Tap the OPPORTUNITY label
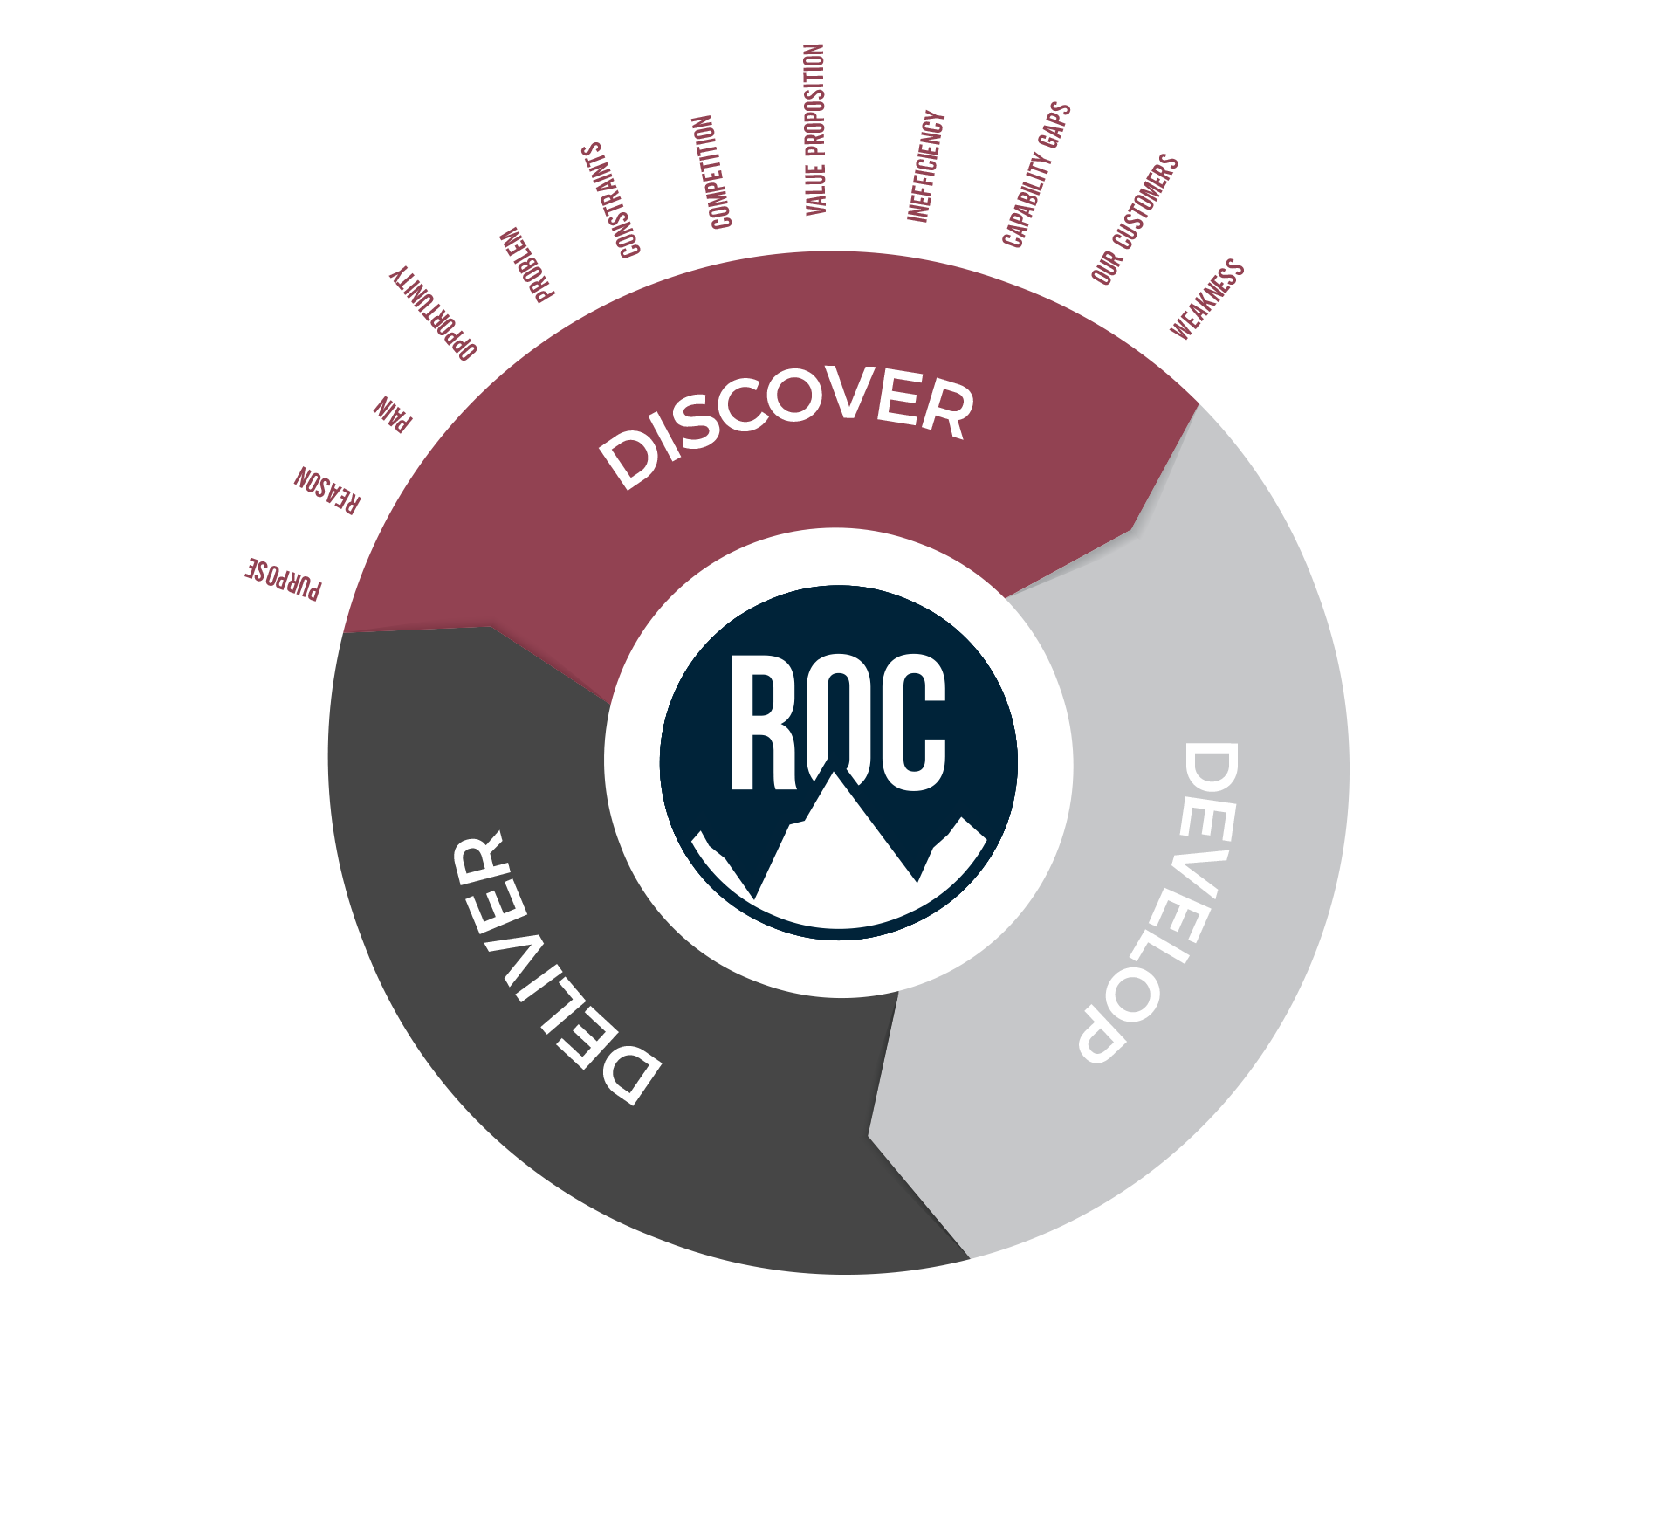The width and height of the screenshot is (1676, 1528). coord(433,313)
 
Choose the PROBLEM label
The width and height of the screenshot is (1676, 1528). coord(526,265)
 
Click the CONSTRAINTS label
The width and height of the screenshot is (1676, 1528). coord(611,201)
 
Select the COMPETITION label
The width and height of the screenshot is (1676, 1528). coord(711,172)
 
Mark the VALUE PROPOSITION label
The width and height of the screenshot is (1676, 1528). coord(814,129)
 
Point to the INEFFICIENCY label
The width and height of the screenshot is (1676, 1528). coord(925,166)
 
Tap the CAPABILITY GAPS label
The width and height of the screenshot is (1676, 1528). coord(1036,175)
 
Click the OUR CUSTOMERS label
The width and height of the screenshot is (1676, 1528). coord(1135,219)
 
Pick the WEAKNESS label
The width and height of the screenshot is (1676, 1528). coord(1207,299)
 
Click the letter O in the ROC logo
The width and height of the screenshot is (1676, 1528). coord(838,712)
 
